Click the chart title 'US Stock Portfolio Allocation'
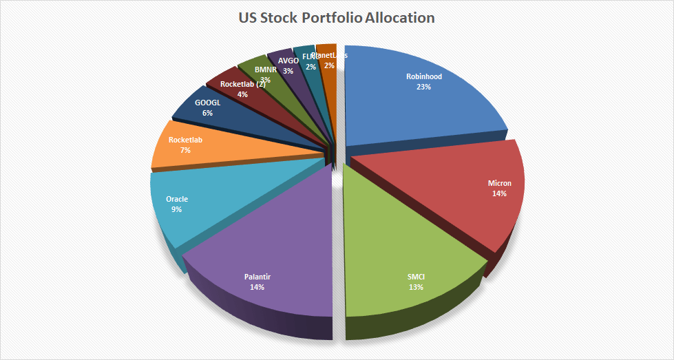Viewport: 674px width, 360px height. [x=337, y=18]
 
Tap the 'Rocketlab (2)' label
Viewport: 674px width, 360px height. [x=242, y=85]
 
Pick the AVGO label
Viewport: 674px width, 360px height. [x=288, y=61]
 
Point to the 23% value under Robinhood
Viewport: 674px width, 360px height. [x=424, y=87]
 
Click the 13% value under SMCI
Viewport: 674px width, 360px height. [x=415, y=286]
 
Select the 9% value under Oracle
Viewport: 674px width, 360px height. [x=177, y=209]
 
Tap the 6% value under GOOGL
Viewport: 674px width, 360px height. [x=207, y=112]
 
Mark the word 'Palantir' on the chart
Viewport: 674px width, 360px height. [x=257, y=277]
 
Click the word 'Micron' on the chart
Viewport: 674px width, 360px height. [x=499, y=184]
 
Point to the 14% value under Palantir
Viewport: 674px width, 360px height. [x=257, y=286]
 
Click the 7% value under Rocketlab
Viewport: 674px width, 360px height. [x=185, y=149]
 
